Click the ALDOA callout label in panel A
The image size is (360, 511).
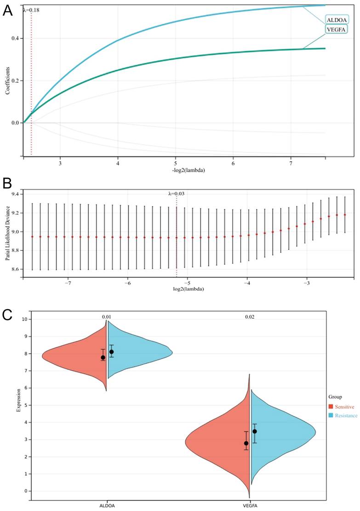click(336, 19)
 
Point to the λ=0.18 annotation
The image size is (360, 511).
click(31, 9)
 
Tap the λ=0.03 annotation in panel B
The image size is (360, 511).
click(177, 194)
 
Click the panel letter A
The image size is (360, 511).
click(8, 11)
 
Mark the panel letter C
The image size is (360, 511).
click(7, 315)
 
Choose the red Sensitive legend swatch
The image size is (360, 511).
click(331, 407)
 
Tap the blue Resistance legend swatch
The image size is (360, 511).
click(331, 415)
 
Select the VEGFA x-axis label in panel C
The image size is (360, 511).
click(250, 505)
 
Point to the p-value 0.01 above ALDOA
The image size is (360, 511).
click(107, 317)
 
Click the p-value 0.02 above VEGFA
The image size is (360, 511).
click(250, 317)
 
